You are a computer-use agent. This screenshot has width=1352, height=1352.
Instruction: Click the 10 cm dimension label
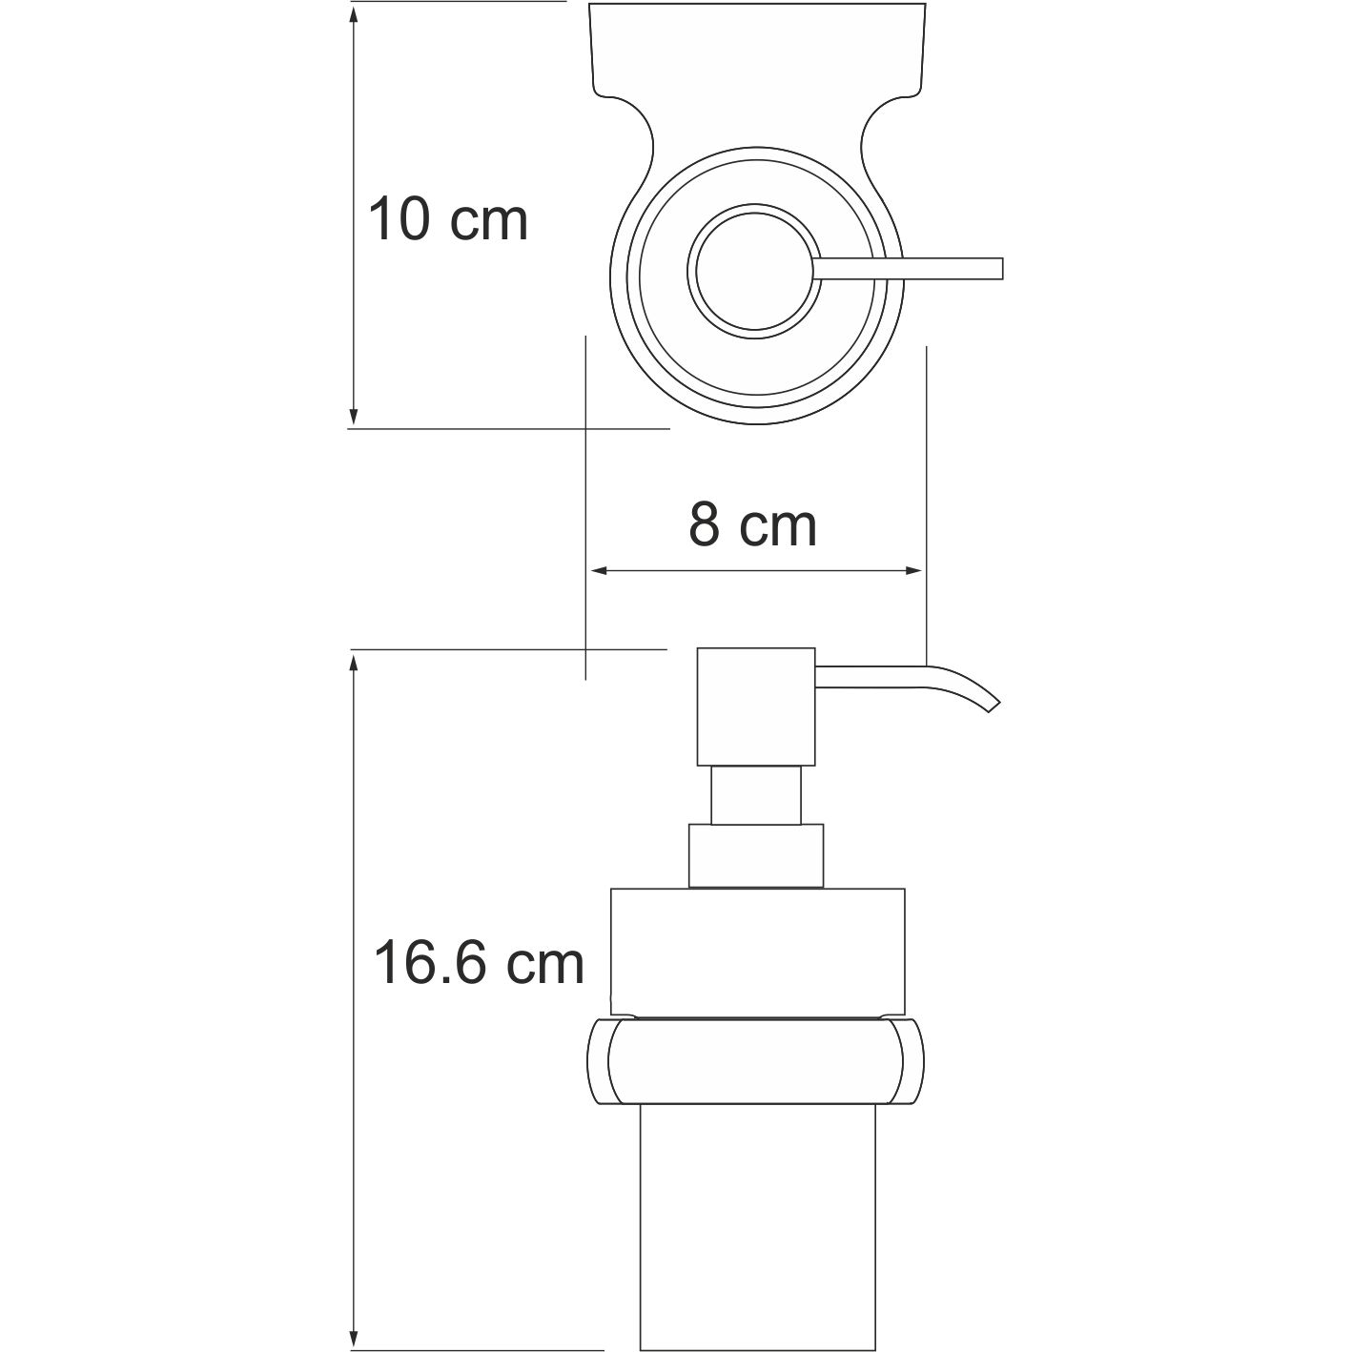tap(447, 220)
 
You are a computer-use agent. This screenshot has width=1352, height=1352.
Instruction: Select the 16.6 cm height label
tap(478, 963)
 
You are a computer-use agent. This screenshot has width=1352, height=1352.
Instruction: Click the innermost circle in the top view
tap(753, 270)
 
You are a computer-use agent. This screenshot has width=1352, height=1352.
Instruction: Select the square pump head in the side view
tap(756, 707)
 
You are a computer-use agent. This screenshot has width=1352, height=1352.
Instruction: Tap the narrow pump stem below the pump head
tap(756, 795)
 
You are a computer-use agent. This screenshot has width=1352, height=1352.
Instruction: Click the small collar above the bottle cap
tap(755, 856)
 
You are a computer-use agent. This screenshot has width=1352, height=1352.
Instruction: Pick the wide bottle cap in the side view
tap(757, 949)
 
